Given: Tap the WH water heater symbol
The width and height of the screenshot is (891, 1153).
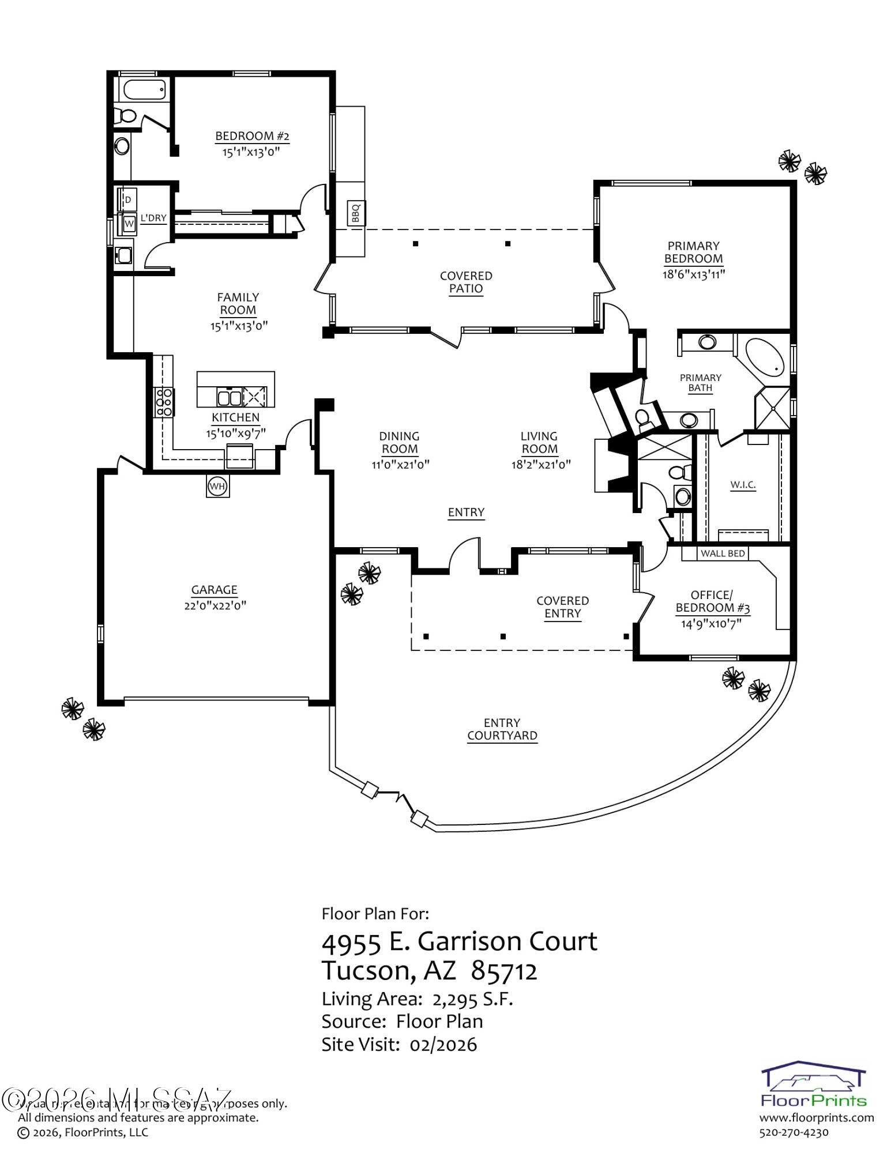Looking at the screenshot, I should (x=217, y=487).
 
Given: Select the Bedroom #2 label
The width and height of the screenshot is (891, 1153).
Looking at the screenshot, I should (x=252, y=137).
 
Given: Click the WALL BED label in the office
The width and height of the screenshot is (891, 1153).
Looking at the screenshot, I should (x=723, y=553).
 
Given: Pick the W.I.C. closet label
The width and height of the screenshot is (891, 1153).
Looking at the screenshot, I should (x=743, y=485).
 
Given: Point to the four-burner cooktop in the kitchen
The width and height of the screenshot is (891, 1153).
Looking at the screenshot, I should (x=164, y=402).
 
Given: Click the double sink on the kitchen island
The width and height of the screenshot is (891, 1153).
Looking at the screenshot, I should (x=230, y=398).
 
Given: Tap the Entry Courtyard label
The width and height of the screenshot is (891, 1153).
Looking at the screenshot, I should (x=502, y=729).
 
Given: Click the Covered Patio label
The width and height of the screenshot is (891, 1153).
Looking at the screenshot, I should (x=466, y=282).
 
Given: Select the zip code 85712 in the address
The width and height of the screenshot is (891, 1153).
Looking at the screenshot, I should (x=505, y=971).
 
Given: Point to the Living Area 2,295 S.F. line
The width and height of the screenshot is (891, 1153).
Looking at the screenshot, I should (x=418, y=999).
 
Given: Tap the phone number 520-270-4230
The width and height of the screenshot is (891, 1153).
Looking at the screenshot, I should (x=794, y=1132).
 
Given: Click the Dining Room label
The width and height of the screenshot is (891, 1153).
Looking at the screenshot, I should (x=400, y=442).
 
